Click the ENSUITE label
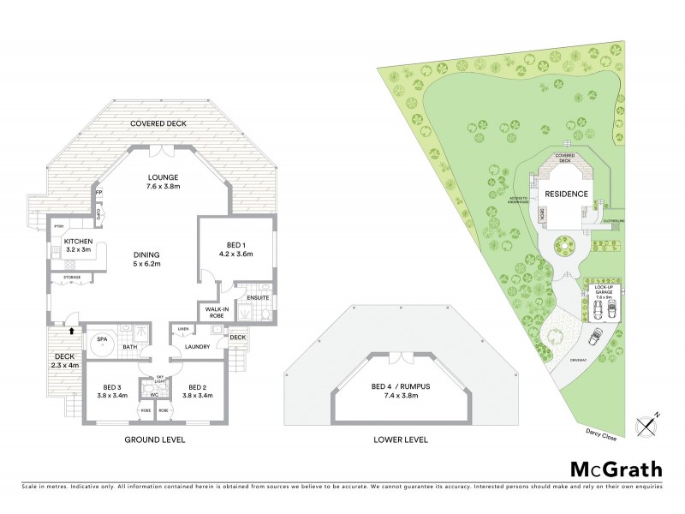(x=257, y=297)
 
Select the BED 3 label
(x=111, y=385)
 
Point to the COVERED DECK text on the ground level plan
(x=159, y=124)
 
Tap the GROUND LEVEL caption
(x=154, y=439)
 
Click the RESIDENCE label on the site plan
(x=567, y=194)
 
